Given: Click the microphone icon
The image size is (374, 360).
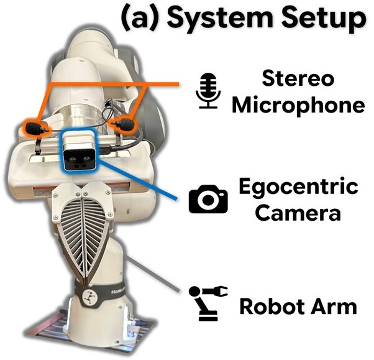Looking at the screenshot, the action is (208, 91).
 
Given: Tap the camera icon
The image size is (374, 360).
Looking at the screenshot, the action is (208, 198).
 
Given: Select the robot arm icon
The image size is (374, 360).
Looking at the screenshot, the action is (208, 303).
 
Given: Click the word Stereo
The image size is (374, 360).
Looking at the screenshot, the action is (298, 78).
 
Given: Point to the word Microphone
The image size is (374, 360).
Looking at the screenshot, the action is (298, 105).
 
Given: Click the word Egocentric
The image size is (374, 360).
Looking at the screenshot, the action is (298, 187).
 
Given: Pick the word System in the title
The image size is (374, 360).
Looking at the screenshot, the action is (220, 19).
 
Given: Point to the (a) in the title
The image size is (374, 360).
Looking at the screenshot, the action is (141, 19).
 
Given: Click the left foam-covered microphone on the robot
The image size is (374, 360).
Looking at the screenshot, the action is (35, 128).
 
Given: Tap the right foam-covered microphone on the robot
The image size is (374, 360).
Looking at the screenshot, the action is (126, 124).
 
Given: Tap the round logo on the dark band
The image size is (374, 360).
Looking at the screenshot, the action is (89, 296).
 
